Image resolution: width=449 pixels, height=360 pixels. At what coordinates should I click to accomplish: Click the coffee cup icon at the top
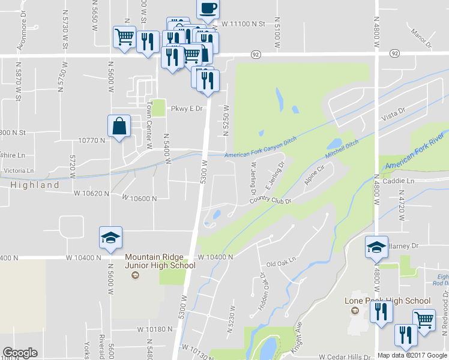tap(208, 8)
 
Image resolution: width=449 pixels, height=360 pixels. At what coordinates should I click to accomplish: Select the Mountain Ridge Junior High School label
tap(160, 261)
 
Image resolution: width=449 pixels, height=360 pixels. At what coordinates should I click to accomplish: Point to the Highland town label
tap(34, 185)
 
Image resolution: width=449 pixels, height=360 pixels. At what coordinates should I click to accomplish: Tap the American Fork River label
tap(416, 160)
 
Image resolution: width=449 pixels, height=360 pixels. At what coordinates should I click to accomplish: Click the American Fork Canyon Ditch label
tap(261, 155)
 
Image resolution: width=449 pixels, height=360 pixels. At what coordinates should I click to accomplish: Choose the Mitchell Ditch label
tap(342, 149)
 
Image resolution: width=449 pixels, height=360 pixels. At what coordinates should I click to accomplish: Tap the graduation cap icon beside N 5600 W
tap(111, 238)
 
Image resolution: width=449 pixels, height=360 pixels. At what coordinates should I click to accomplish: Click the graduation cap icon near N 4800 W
tap(376, 247)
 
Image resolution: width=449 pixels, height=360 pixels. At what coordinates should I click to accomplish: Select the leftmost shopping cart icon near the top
tap(124, 37)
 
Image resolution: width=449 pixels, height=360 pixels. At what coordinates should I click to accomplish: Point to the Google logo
tap(20, 353)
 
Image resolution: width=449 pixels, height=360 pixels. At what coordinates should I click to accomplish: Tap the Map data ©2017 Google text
tap(412, 355)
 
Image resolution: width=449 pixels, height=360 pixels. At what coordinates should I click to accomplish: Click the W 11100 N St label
tap(243, 24)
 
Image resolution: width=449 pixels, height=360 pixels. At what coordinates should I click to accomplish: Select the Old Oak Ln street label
tap(282, 263)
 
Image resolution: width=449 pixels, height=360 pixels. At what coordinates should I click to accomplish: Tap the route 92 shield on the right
tap(394, 53)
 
